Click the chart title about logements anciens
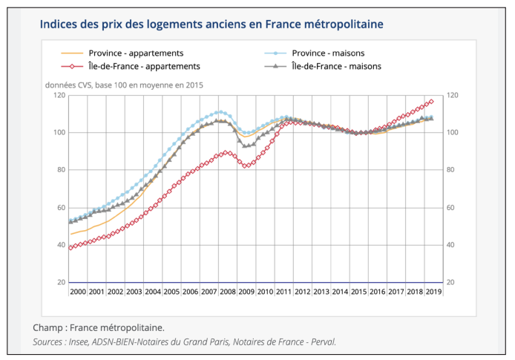pyautogui.click(x=211, y=24)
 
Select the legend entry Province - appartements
pyautogui.click(x=136, y=53)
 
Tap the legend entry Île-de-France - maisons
pyautogui.click(x=336, y=66)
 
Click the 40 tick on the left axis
pyautogui.click(x=59, y=245)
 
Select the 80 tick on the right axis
pyautogui.click(x=452, y=170)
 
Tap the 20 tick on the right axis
pyautogui.click(x=452, y=283)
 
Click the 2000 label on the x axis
pyautogui.click(x=77, y=292)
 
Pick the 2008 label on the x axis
pyautogui.click(x=228, y=292)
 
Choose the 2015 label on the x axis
pyautogui.click(x=359, y=292)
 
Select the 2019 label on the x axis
pyautogui.click(x=434, y=292)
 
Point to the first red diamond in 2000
pyautogui.click(x=70, y=247)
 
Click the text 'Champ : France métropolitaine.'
pyautogui.click(x=99, y=327)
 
